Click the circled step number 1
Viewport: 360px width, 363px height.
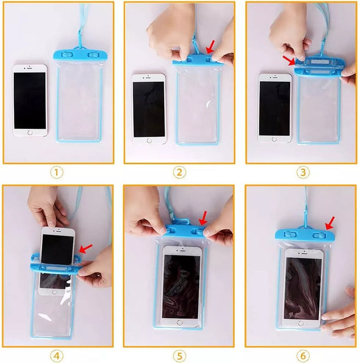pyautogui.click(x=57, y=173)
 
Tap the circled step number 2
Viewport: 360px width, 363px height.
pyautogui.click(x=179, y=173)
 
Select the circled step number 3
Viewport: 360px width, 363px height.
pyautogui.click(x=303, y=173)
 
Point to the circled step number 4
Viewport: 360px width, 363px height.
pyautogui.click(x=57, y=355)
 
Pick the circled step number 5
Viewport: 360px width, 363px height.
pyautogui.click(x=179, y=355)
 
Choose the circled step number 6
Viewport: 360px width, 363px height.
pyautogui.click(x=303, y=355)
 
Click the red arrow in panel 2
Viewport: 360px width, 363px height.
pyautogui.click(x=211, y=47)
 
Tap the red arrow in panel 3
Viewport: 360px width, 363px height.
pyautogui.click(x=289, y=60)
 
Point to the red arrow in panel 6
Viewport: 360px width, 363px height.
pyautogui.click(x=330, y=223)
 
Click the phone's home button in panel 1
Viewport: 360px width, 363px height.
pyautogui.click(x=30, y=133)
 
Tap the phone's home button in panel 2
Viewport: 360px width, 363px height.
pyautogui.click(x=149, y=140)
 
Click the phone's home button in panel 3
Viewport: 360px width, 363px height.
pyautogui.click(x=274, y=139)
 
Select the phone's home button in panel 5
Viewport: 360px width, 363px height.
pyautogui.click(x=179, y=322)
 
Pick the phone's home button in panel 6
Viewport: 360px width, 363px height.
pyautogui.click(x=301, y=323)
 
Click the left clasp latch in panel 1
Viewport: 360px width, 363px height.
pyautogui.click(x=67, y=55)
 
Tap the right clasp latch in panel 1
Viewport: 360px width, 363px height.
pyautogui.click(x=93, y=55)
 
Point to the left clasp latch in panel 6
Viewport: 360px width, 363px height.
pyautogui.click(x=290, y=234)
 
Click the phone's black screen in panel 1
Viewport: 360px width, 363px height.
pyautogui.click(x=30, y=100)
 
